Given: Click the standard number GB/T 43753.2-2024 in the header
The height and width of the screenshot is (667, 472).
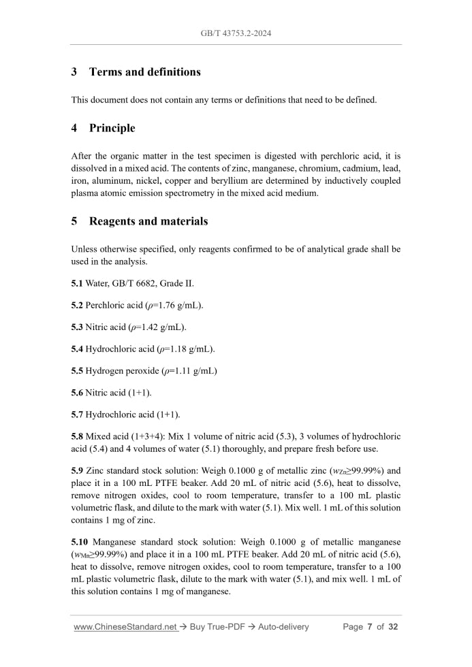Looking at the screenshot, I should point(236,33).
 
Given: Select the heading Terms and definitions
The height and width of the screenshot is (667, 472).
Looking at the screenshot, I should point(144,72).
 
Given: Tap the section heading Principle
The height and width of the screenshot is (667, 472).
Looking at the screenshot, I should point(112,128).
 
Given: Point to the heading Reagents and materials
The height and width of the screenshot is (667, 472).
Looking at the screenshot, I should point(148,221).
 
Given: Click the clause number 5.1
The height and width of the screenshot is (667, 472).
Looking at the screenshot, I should point(77,283).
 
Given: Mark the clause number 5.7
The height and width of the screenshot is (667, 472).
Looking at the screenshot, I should point(77,414).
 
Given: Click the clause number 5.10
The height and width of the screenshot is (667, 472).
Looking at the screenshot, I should point(80,542).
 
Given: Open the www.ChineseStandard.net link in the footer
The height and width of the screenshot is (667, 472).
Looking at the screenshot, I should point(125,627).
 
